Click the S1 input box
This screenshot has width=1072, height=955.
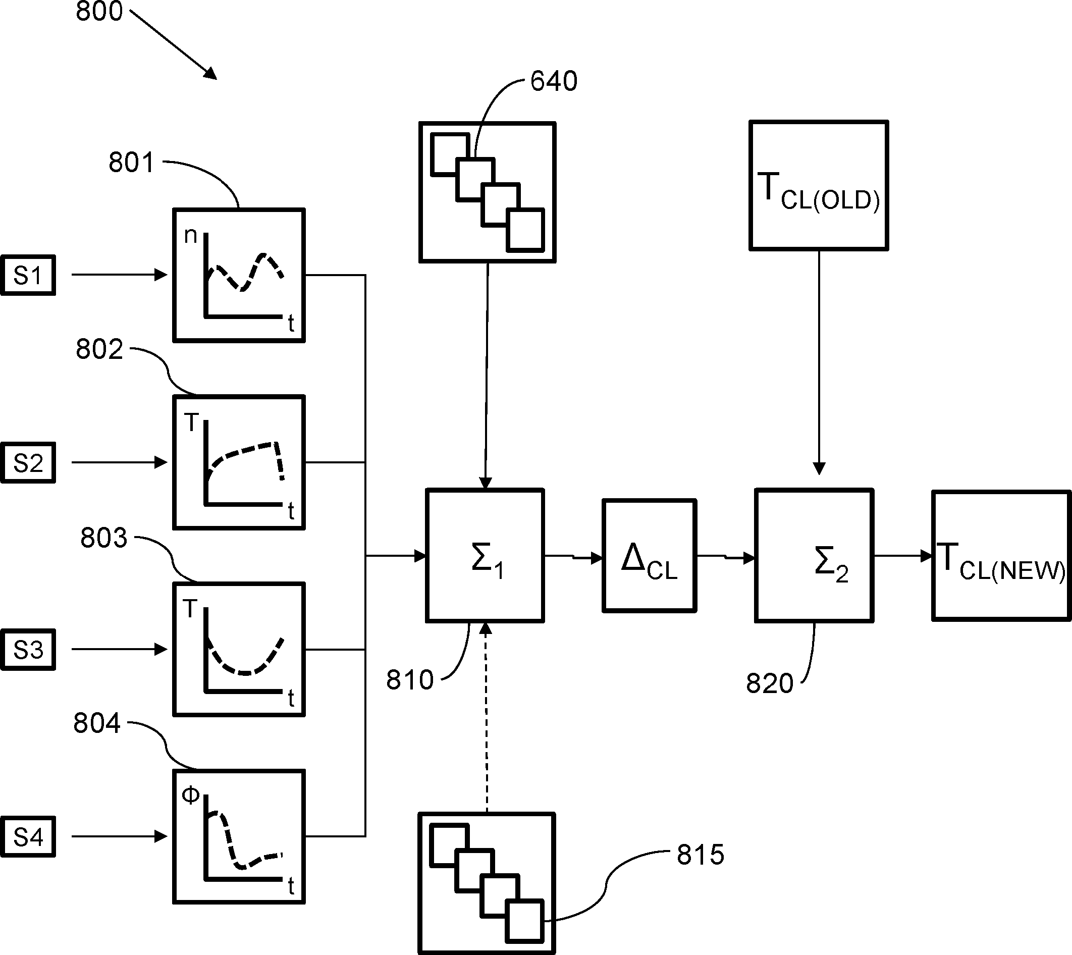pyautogui.click(x=28, y=276)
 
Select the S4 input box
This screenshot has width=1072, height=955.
pyautogui.click(x=28, y=837)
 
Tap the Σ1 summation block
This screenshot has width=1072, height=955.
pyautogui.click(x=485, y=556)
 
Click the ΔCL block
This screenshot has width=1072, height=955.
pyautogui.click(x=649, y=556)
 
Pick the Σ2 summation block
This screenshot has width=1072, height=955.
pyautogui.click(x=814, y=556)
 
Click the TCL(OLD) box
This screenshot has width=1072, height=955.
pyautogui.click(x=819, y=186)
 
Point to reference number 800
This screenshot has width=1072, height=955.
pyautogui.click(x=99, y=12)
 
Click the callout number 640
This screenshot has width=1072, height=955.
pyautogui.click(x=554, y=81)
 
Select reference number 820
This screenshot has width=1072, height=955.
pyautogui.click(x=770, y=684)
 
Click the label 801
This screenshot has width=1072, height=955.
pyautogui.click(x=131, y=163)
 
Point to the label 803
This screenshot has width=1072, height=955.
pyautogui.click(x=103, y=539)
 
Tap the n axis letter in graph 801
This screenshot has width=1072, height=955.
pyautogui.click(x=190, y=236)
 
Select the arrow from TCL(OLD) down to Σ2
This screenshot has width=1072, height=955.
pyautogui.click(x=819, y=362)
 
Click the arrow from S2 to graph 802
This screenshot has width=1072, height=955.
pyautogui.click(x=119, y=462)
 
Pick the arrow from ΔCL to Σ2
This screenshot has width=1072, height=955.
pyautogui.click(x=726, y=557)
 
